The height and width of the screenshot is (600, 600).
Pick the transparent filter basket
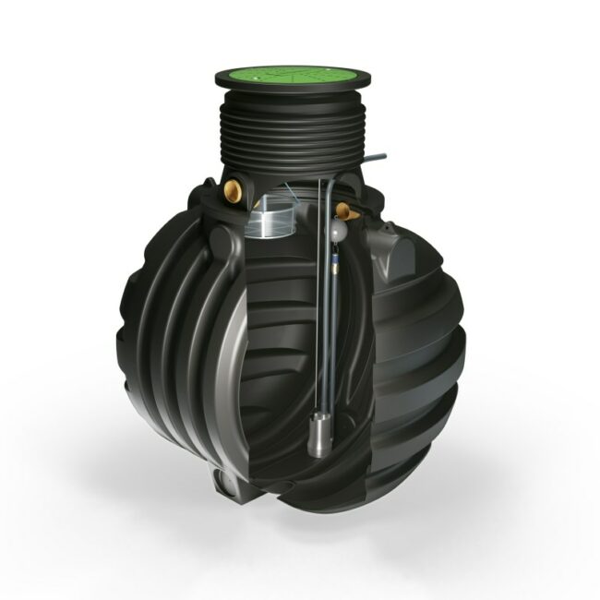click(270, 225)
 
